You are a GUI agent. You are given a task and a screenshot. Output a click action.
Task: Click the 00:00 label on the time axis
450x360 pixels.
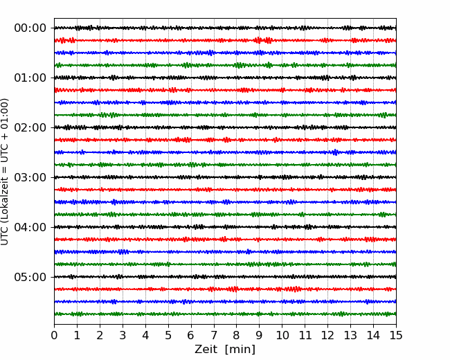tap(30, 28)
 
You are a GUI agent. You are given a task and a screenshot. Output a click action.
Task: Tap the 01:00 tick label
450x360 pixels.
tap(30, 78)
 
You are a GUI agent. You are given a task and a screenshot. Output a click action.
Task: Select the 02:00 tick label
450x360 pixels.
tap(30, 127)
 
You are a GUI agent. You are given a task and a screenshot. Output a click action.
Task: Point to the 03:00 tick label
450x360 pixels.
tap(30, 177)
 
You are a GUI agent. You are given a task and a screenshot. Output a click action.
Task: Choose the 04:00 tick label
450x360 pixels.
tap(30, 227)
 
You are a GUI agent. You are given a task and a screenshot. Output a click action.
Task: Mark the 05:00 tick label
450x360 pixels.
tap(30, 277)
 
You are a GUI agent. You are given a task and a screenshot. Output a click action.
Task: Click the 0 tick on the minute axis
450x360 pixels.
tap(54, 335)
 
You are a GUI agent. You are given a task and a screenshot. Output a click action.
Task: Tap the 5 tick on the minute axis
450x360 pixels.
tap(168, 335)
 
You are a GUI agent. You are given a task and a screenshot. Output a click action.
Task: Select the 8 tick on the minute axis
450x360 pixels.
tap(237, 335)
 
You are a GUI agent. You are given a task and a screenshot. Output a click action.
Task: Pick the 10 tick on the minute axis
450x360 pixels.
tap(282, 335)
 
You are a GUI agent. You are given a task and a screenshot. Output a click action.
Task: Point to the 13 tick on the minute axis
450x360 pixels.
tap(350, 335)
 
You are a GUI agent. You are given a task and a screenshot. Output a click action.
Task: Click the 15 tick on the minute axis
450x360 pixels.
tap(396, 335)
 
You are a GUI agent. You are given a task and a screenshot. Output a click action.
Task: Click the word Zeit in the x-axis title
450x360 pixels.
tap(206, 349)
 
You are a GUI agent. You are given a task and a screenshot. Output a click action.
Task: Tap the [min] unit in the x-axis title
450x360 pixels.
tap(240, 350)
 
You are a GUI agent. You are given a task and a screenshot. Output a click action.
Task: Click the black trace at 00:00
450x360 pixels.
tap(225, 28)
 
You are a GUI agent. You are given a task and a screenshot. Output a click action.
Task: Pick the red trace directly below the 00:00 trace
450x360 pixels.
tap(225, 40)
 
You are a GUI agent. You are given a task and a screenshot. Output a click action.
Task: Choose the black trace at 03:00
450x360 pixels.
tap(225, 177)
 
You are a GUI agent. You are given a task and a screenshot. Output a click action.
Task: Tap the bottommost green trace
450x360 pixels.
tap(225, 314)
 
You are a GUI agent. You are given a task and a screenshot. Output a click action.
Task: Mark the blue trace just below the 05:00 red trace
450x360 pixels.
tap(225, 301)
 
